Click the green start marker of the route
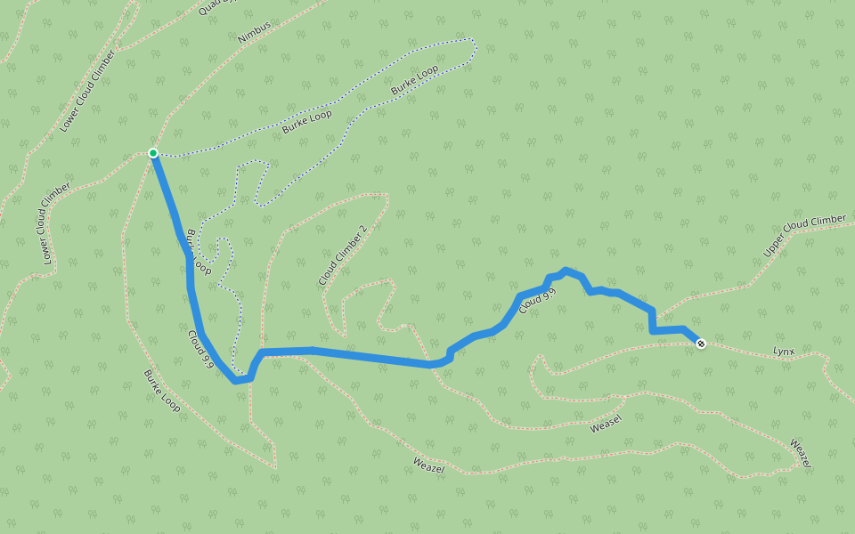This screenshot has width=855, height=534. pyautogui.click(x=153, y=153)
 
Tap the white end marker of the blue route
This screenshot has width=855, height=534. pyautogui.click(x=701, y=343)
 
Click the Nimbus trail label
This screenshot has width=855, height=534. pyautogui.click(x=254, y=33)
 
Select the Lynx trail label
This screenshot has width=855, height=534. pyautogui.click(x=783, y=351)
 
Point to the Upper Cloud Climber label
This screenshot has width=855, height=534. pyautogui.click(x=804, y=236)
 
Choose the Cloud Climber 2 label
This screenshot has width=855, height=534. pyautogui.click(x=343, y=256)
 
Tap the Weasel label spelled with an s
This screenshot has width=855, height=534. pyautogui.click(x=606, y=424)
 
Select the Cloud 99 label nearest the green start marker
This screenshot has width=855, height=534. pyautogui.click(x=201, y=349)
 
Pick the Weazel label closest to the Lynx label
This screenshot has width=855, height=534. pyautogui.click(x=801, y=454)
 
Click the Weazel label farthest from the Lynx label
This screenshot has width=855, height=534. pyautogui.click(x=429, y=465)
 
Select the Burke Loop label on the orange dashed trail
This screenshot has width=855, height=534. pyautogui.click(x=162, y=392)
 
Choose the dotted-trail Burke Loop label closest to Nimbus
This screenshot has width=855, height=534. pyautogui.click(x=307, y=121)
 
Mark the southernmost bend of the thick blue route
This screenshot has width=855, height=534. pyautogui.click(x=236, y=381)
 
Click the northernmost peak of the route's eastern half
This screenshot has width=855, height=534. pyautogui.click(x=566, y=270)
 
